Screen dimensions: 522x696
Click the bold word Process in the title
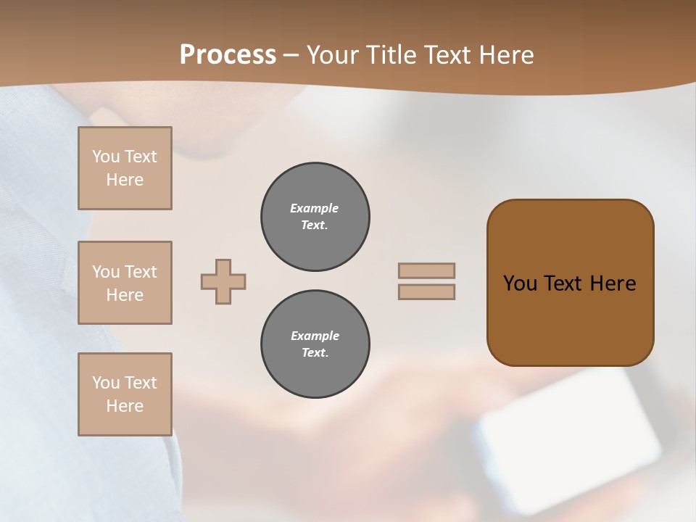coord(228,55)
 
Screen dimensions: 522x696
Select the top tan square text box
coord(125,168)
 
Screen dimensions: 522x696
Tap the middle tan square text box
coord(125,283)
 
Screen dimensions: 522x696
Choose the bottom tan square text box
coord(125,394)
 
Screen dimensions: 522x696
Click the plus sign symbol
coord(223,281)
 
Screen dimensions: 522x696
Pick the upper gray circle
coord(315,217)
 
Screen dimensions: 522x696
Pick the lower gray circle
coord(315,344)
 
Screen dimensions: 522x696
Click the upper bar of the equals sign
coord(426,270)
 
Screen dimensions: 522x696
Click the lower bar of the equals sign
coord(426,291)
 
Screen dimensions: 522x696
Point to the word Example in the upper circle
coord(314,208)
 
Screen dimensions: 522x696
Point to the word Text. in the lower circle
coord(315,353)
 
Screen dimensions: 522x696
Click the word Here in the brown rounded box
coord(613,283)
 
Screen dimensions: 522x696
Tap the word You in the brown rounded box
coord(521,283)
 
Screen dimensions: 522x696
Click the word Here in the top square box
coord(125,180)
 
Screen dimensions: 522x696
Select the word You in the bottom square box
coord(105,383)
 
